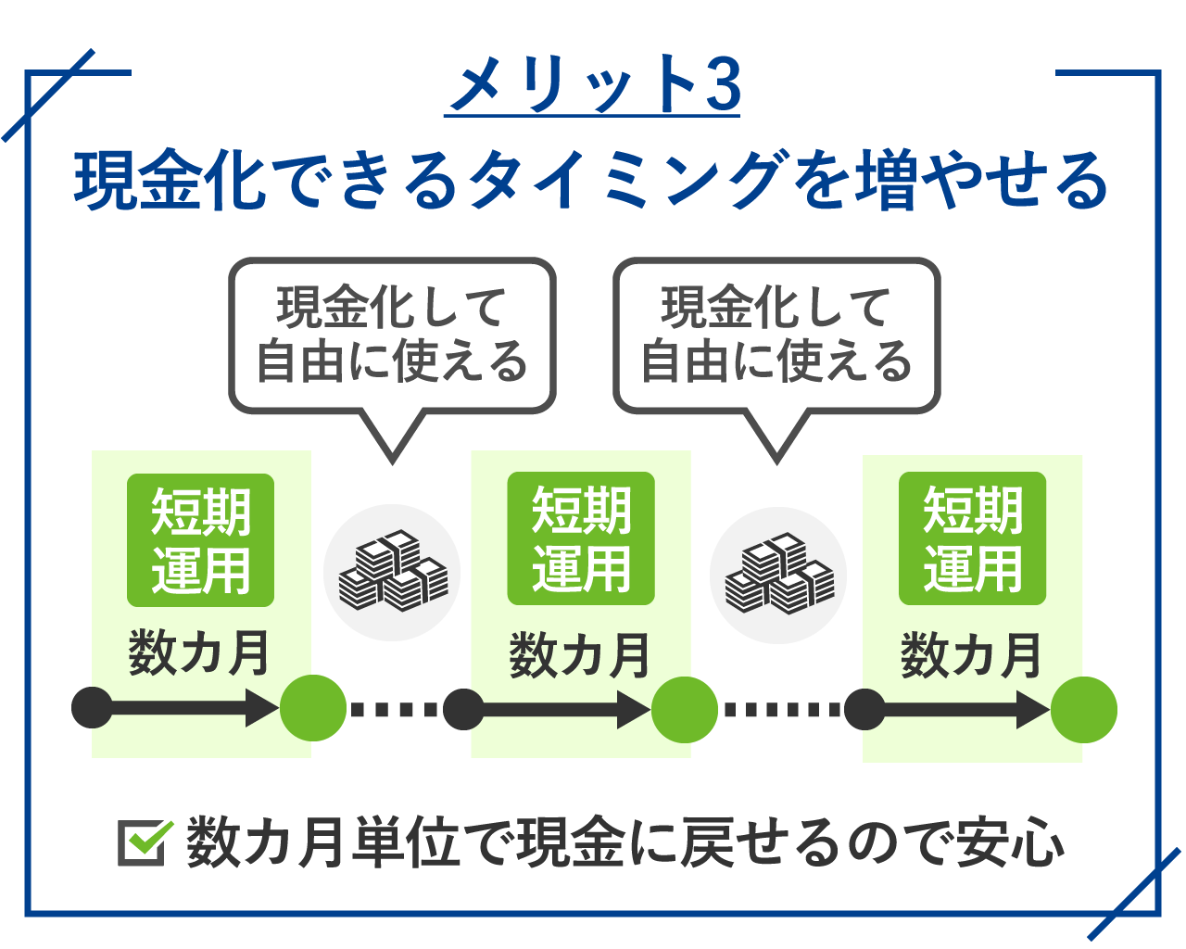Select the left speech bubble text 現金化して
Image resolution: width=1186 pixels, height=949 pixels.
point(390,308)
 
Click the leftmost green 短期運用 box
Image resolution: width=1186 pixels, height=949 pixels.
point(200,540)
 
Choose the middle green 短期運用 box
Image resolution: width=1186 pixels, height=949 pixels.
point(580,538)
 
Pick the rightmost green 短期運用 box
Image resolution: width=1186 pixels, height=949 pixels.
point(972,538)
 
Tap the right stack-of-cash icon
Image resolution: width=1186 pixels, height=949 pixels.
point(778,574)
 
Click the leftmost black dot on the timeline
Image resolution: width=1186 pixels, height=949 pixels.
point(92,707)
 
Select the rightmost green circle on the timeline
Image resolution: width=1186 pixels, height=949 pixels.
point(1083,710)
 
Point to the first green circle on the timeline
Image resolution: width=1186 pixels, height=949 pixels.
point(312,708)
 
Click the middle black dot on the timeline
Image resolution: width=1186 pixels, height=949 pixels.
point(463,709)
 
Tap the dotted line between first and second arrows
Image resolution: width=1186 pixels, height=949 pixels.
point(394,709)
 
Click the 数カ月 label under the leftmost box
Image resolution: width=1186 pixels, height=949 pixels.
point(198,652)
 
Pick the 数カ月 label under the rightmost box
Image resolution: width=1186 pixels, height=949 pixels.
point(970,655)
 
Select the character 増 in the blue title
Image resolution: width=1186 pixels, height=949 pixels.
point(886,180)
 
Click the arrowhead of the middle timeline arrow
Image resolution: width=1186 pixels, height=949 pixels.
point(633,710)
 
